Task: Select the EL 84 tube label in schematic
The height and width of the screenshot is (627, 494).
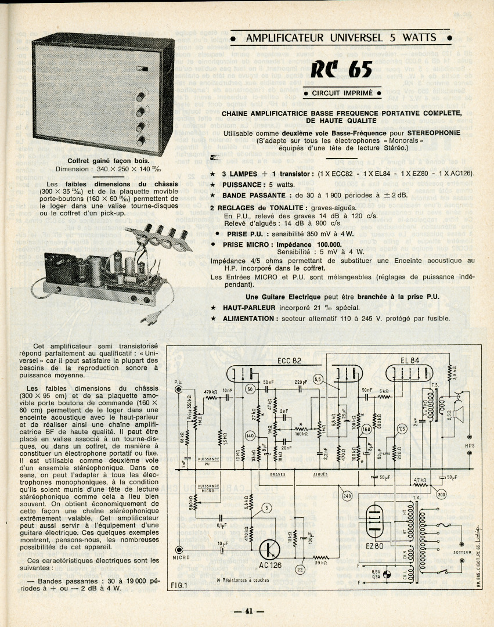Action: (x=410, y=360)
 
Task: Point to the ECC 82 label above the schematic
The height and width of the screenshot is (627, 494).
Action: (x=289, y=360)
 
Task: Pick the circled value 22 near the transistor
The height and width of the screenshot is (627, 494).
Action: (x=300, y=570)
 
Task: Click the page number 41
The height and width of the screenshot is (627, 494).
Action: (x=248, y=610)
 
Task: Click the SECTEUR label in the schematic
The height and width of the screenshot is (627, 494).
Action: (x=462, y=552)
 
